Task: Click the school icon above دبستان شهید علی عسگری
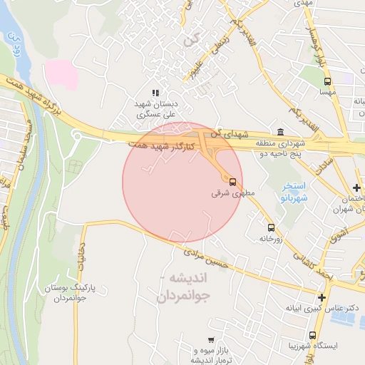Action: pyautogui.click(x=155, y=93)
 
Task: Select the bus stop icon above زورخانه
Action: pyautogui.click(x=270, y=227)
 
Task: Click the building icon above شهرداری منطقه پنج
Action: pyautogui.click(x=279, y=133)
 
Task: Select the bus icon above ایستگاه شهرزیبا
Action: pyautogui.click(x=313, y=335)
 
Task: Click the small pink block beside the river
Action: pyautogui.click(x=61, y=74)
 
